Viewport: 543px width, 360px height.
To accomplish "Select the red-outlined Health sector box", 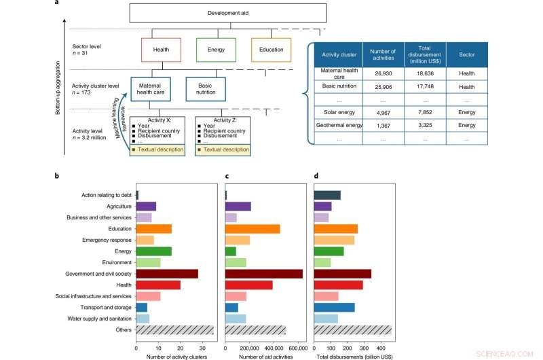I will [161, 50].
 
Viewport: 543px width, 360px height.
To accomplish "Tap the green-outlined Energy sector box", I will [216, 50].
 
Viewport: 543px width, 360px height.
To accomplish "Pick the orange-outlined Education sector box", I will [271, 50].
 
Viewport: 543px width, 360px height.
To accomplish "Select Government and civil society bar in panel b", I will [167, 273].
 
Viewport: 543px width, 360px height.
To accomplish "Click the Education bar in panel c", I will [252, 229].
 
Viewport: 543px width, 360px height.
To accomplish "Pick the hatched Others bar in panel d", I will [352, 330].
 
